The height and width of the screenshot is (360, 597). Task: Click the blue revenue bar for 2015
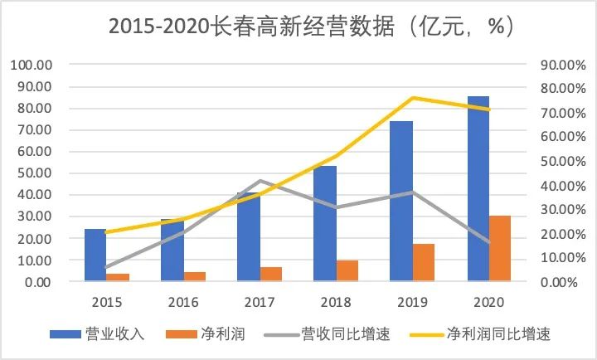pyautogui.click(x=95, y=255)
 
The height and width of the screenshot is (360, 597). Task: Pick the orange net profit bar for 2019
pyautogui.click(x=424, y=263)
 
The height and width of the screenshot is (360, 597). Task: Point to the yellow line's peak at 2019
pyautogui.click(x=413, y=98)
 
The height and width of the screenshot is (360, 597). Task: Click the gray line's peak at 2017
pyautogui.click(x=260, y=181)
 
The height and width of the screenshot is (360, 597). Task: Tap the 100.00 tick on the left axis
pyautogui.click(x=31, y=65)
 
